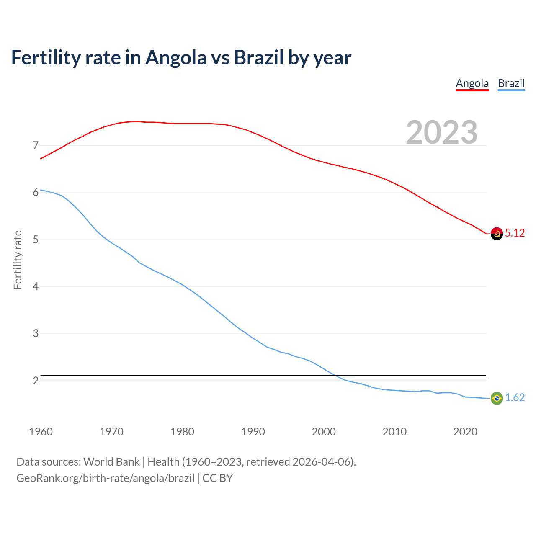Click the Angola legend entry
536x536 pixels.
coord(472,83)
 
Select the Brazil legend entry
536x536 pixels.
coord(511,83)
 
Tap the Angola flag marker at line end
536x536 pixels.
coord(497,234)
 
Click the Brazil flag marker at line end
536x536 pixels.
coord(497,398)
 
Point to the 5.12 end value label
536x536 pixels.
coord(515,233)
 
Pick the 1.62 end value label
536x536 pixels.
coord(515,398)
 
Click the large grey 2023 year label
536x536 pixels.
coord(441,132)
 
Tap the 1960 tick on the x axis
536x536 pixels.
coord(41,432)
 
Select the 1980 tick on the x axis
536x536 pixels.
coord(182,432)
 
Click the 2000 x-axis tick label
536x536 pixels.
coord(324,432)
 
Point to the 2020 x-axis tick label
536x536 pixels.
coord(465,432)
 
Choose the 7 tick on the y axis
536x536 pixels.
coord(36,146)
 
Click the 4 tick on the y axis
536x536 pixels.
coord(36,287)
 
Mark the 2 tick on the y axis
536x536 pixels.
coord(36,381)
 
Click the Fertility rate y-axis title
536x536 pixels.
coord(18,260)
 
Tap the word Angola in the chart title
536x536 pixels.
coord(175,58)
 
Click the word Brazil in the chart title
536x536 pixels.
coord(258,58)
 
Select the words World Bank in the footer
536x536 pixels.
coord(111,462)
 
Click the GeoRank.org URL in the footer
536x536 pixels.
coord(105,478)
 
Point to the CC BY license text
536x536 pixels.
coord(217,478)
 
